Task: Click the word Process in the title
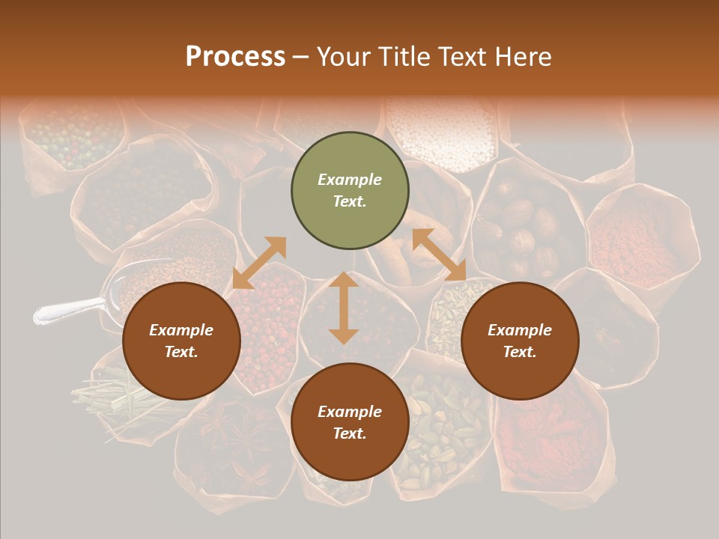click(x=235, y=57)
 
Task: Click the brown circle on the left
click(x=181, y=341)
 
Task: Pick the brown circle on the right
click(x=520, y=341)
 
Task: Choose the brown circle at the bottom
click(x=350, y=422)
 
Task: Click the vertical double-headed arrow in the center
click(x=343, y=308)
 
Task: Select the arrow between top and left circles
click(x=259, y=263)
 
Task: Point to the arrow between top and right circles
click(x=439, y=255)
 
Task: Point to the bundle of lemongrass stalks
click(x=112, y=397)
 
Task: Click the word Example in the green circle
click(x=350, y=180)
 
